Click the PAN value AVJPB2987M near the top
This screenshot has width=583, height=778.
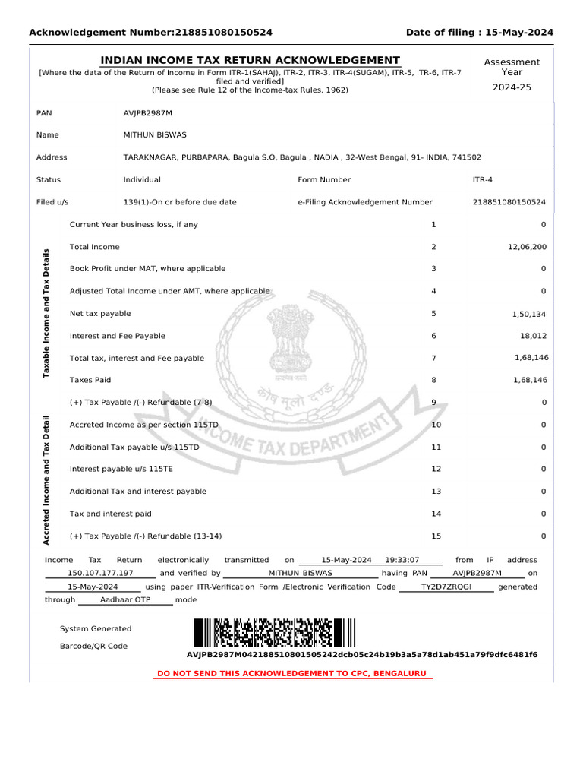(147, 112)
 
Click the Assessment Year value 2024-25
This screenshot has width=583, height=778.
(512, 88)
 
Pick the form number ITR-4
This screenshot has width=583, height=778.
(482, 180)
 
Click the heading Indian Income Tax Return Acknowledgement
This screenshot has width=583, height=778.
(251, 61)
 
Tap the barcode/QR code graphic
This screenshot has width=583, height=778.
(273, 633)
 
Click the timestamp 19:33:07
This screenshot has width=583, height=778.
(402, 560)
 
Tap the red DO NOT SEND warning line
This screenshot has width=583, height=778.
(292, 674)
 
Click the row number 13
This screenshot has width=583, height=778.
(436, 492)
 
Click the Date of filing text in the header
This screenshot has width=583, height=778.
(480, 32)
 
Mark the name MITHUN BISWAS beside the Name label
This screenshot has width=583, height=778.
(155, 135)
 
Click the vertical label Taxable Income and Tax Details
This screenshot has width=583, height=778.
(46, 313)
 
